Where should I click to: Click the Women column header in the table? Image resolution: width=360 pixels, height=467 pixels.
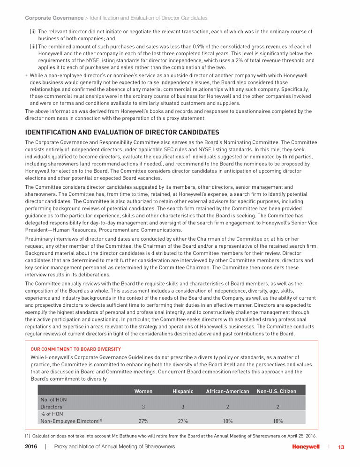[143, 391]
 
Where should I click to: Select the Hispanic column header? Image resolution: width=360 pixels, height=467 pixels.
[183, 391]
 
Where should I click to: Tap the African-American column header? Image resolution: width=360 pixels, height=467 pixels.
[227, 391]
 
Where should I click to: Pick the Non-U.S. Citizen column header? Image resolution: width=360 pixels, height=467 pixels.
[277, 391]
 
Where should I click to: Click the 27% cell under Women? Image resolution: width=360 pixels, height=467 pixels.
[143, 421]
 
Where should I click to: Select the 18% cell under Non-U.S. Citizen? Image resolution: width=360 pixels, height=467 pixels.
[277, 421]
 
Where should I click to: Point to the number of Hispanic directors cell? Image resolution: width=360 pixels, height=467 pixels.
[183, 407]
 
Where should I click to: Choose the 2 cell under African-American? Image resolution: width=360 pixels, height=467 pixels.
[227, 407]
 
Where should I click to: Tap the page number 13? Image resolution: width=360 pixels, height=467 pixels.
[341, 447]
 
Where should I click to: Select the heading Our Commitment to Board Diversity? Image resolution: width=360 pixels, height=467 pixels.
[75, 349]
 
